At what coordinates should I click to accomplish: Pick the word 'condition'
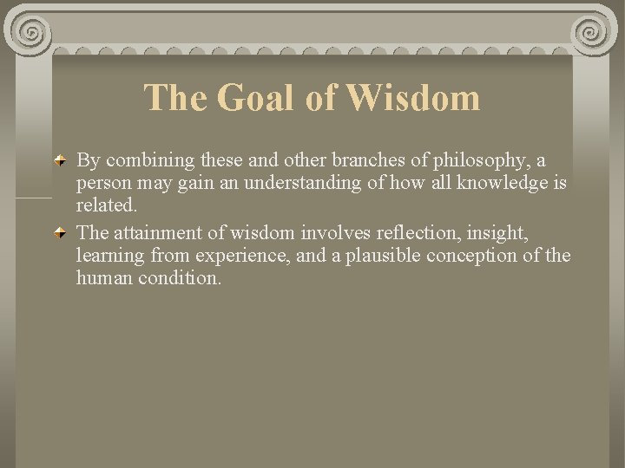180,279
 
